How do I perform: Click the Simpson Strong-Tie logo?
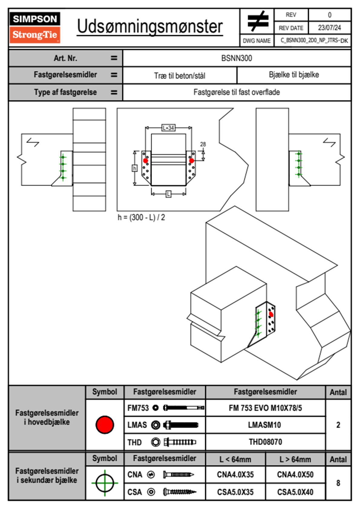pos(35,28)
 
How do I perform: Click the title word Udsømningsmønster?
pos(150,27)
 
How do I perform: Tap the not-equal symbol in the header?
pos(258,21)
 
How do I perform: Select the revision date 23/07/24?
pos(329,28)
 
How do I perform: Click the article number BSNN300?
pos(237,58)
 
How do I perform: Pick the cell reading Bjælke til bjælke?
pos(294,75)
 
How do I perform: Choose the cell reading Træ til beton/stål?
pos(180,76)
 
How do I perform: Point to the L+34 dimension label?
pos(168,128)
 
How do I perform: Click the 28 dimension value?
pos(203,144)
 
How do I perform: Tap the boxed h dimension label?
pos(135,168)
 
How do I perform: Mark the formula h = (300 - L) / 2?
pos(141,217)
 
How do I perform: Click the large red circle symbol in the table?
pos(105,425)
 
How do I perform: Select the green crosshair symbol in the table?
pos(105,483)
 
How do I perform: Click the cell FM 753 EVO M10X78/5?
pos(265,408)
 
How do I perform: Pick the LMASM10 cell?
pos(264,425)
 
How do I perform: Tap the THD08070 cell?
pos(265,442)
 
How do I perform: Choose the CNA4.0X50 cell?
pos(295,475)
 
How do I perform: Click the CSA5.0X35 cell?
pos(235,492)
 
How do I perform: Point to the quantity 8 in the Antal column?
pos(338,483)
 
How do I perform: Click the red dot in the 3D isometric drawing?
pos(271,315)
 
